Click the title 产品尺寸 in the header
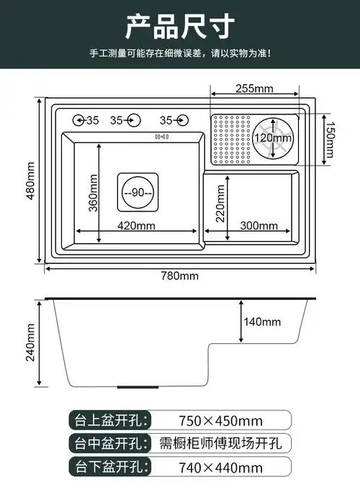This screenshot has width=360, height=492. (x=179, y=27)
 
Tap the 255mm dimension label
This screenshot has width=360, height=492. (x=254, y=88)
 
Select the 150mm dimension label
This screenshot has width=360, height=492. (x=329, y=137)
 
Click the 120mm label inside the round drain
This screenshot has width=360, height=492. (x=274, y=137)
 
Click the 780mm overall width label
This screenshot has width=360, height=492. (x=179, y=276)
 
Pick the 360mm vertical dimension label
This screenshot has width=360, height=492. (x=92, y=193)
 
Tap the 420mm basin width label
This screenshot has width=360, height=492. (x=137, y=225)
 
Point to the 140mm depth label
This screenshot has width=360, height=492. (x=262, y=322)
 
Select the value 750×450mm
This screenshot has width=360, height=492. (x=220, y=419)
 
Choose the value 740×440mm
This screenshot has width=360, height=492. (x=220, y=468)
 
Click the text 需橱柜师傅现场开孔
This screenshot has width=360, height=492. (x=220, y=443)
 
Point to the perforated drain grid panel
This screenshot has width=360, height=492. (x=230, y=138)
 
